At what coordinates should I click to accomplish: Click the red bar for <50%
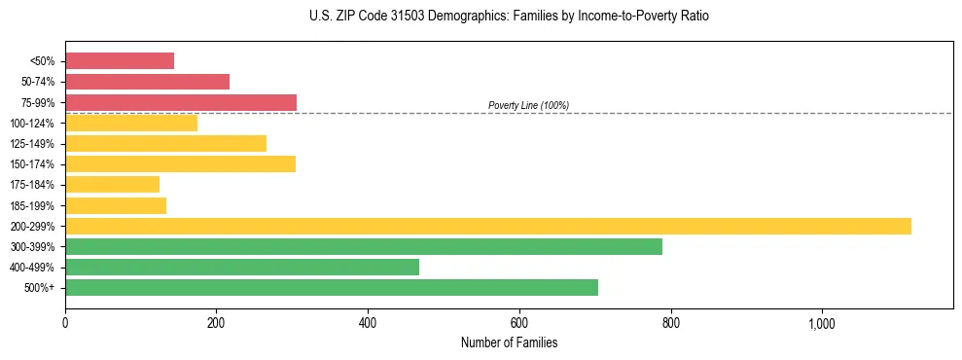[x=120, y=61]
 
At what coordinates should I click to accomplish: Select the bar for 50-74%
[x=147, y=82]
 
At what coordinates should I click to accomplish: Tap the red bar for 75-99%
[x=181, y=102]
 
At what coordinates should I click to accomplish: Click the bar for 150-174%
[x=180, y=163]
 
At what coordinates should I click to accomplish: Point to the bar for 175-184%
[x=112, y=184]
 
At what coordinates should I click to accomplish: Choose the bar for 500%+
[x=332, y=287]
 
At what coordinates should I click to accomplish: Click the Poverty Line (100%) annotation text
[x=528, y=105]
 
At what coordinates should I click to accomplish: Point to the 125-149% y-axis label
[x=32, y=144]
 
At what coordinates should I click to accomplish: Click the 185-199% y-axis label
[x=32, y=205]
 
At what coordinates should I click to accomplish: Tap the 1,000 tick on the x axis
[x=821, y=323]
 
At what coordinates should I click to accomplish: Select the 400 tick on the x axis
[x=368, y=323]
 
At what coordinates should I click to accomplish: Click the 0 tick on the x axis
[x=65, y=323]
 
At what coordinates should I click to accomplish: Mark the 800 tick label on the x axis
[x=670, y=323]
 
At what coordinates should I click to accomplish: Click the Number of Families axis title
[x=509, y=342]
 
